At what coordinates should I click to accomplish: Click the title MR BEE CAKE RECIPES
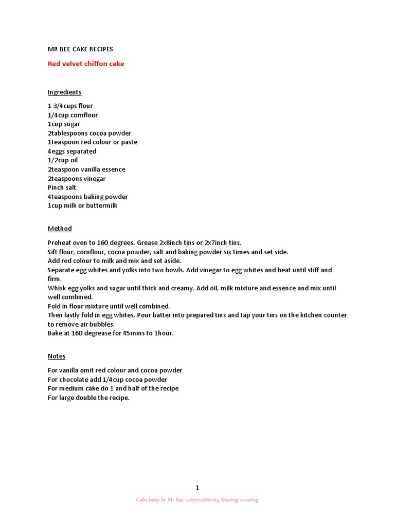(x=80, y=49)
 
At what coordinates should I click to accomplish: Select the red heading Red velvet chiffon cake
(x=86, y=64)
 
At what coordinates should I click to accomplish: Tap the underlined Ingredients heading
(x=64, y=92)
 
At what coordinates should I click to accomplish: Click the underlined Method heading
(x=60, y=229)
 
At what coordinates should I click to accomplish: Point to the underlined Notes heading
(x=57, y=356)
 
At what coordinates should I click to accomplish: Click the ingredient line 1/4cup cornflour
(x=73, y=115)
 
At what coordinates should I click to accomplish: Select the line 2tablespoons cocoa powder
(x=89, y=133)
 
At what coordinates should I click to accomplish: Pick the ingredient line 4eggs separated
(x=72, y=152)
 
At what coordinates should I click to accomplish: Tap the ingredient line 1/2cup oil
(x=63, y=160)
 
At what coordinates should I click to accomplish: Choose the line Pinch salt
(x=62, y=187)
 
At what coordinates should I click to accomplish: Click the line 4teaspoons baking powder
(x=88, y=197)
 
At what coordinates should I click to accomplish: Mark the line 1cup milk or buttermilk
(x=83, y=206)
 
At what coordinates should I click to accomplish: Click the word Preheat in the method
(x=58, y=242)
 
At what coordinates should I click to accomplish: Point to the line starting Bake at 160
(x=111, y=333)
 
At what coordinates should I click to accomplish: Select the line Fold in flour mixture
(x=109, y=306)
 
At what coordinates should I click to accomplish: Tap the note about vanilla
(x=115, y=370)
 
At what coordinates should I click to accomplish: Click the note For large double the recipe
(x=88, y=398)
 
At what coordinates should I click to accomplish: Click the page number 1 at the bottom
(x=197, y=488)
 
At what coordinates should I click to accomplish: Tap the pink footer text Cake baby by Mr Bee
(x=197, y=500)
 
